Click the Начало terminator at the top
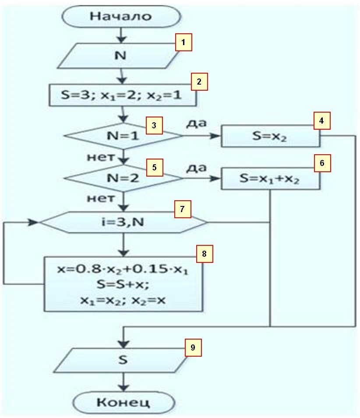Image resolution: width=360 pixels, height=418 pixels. pyautogui.click(x=121, y=17)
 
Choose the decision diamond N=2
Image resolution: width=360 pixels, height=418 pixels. pyautogui.click(x=123, y=178)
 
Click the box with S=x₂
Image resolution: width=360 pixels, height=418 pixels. pyautogui.click(x=271, y=137)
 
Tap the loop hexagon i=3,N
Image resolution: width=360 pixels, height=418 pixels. pyautogui.click(x=123, y=223)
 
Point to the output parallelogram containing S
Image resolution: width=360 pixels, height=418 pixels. pyautogui.click(x=123, y=360)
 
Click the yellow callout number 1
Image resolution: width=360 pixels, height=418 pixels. pyautogui.click(x=184, y=43)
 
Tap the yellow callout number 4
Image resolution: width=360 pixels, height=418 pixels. pyautogui.click(x=321, y=120)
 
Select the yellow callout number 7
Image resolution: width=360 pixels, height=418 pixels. pyautogui.click(x=182, y=209)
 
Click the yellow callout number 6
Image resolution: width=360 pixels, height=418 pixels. pyautogui.click(x=322, y=163)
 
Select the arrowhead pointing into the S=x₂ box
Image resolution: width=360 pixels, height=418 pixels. pyautogui.click(x=215, y=137)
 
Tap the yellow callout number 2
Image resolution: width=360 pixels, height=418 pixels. pyautogui.click(x=199, y=81)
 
